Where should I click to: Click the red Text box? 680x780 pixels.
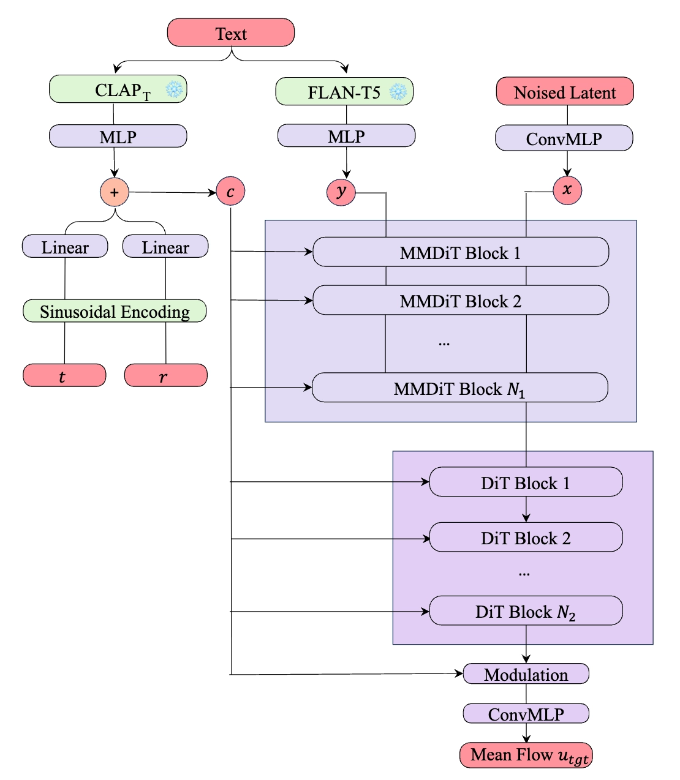pos(231,32)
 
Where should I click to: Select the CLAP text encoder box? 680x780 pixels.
pos(118,89)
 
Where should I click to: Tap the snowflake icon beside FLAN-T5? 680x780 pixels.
pos(398,92)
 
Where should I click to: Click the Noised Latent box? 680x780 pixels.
pos(564,92)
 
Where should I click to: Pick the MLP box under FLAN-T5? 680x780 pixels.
pos(346,136)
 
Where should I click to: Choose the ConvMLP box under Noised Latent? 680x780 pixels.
pos(564,139)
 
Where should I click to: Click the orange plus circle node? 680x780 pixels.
pos(115,192)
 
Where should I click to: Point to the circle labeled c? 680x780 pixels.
pos(230,192)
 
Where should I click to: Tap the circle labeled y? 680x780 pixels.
pos(341,192)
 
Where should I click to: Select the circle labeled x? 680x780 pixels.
pos(567,190)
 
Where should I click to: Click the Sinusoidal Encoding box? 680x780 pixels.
pos(115,311)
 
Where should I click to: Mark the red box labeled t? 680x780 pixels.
pos(64,375)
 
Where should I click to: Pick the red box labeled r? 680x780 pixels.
pos(165,375)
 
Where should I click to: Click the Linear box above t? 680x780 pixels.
pos(65,247)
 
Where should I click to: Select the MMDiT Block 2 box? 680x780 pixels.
pos(461,301)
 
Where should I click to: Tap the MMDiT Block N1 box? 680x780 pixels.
pos(460,388)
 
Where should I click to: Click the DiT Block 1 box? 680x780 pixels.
pos(526,482)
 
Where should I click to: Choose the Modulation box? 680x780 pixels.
pos(526,674)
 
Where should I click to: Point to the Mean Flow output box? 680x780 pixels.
pos(526,756)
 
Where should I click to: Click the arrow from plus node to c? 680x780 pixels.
pos(172,192)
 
